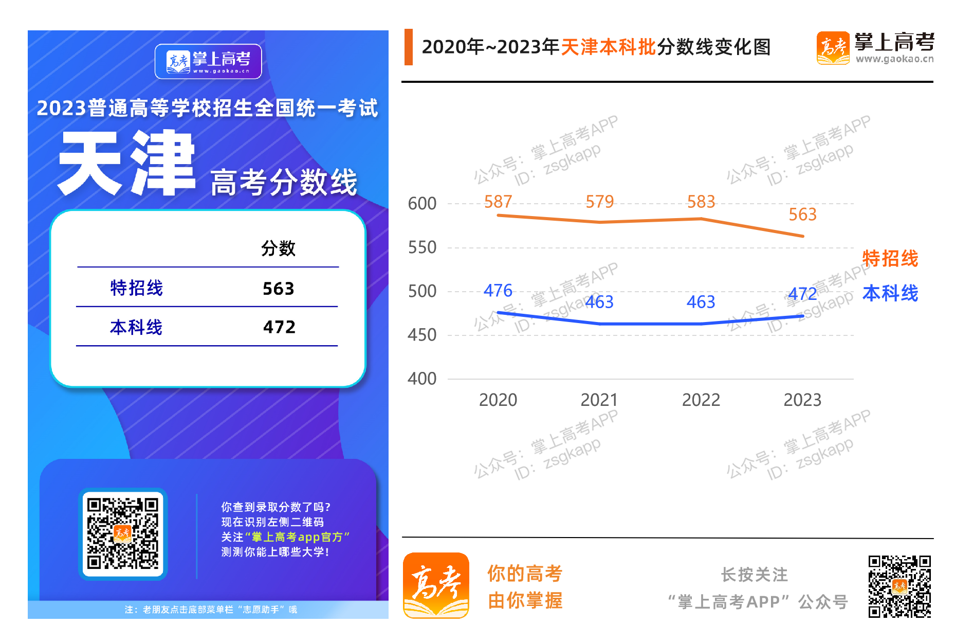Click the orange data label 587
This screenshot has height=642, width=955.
[x=498, y=202]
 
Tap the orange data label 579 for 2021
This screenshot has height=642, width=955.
[x=599, y=202]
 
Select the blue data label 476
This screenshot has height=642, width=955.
[x=498, y=291]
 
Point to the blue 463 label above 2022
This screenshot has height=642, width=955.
[x=701, y=302]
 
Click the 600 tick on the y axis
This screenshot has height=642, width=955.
[x=422, y=204]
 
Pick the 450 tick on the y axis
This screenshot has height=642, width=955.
[x=422, y=335]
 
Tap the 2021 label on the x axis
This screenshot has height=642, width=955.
[x=599, y=400]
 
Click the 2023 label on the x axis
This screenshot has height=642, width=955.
[x=802, y=400]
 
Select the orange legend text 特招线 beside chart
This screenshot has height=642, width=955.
[x=890, y=258]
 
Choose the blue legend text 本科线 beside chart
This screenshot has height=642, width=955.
[x=890, y=293]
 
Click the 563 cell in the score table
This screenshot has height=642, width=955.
[x=278, y=289]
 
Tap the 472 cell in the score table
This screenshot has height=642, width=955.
[x=279, y=327]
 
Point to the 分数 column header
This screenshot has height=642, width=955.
[x=278, y=248]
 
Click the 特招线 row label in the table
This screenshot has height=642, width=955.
[x=136, y=288]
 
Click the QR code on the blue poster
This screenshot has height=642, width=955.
[x=123, y=533]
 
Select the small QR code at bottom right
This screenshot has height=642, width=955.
[x=899, y=586]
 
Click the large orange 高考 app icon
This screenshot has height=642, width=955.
[x=436, y=585]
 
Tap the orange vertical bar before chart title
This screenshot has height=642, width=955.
[x=409, y=47]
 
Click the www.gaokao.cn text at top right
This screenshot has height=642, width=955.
[x=894, y=59]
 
